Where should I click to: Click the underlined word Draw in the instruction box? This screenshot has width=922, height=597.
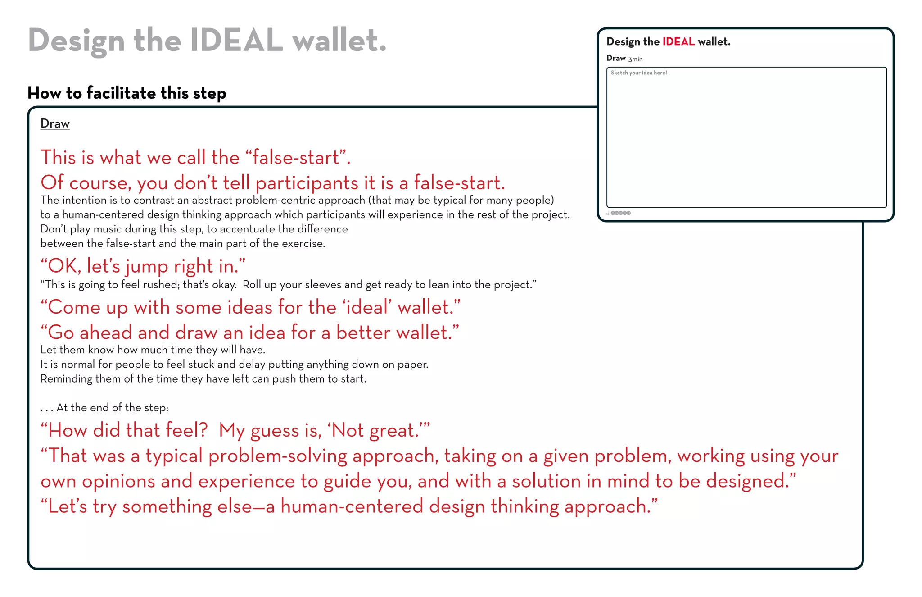pos(55,123)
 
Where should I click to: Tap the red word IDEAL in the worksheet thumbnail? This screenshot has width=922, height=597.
pos(678,42)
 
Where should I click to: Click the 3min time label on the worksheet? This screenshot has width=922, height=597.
pos(635,59)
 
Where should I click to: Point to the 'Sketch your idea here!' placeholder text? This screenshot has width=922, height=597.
pos(639,73)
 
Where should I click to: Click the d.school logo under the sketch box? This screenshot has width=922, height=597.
pos(619,213)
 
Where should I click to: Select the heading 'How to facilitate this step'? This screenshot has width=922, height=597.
pos(127,93)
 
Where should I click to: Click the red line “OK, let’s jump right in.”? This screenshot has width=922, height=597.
pos(143,266)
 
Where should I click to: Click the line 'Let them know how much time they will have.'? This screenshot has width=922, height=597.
pos(153,350)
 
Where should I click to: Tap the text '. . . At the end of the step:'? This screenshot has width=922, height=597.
pos(104,408)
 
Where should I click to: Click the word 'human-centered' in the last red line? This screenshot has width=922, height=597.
pos(352,506)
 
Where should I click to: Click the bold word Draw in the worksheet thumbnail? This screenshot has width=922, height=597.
pos(616,58)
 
